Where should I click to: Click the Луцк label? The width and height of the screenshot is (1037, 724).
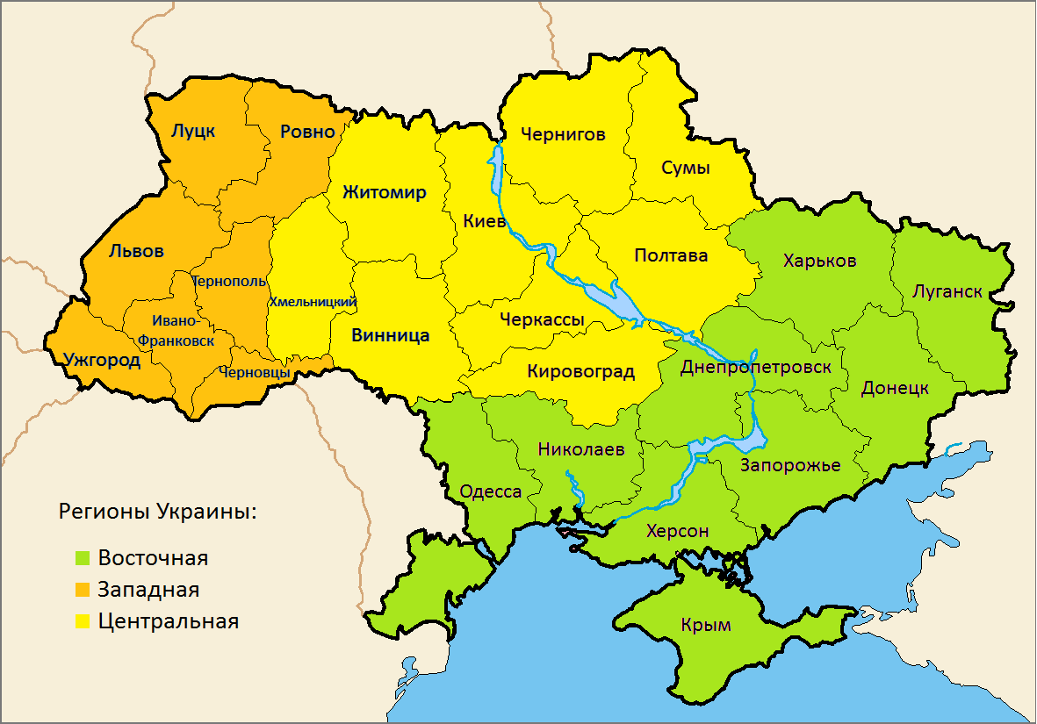click(193, 132)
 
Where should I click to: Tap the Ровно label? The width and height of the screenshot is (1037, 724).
click(307, 132)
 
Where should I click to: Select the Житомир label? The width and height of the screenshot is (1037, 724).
click(384, 192)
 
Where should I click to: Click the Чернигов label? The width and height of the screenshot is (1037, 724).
click(563, 134)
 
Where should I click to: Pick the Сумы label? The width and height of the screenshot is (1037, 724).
click(685, 168)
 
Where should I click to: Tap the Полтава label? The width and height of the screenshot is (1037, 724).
click(671, 255)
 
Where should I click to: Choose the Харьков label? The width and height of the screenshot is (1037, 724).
click(819, 261)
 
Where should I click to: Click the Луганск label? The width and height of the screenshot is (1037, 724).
click(947, 290)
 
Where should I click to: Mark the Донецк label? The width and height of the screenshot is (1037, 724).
click(895, 387)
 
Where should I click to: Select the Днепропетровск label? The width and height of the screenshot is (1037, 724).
click(755, 367)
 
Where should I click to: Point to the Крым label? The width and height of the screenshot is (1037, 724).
click(705, 625)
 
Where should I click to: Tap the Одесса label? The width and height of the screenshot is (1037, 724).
click(491, 491)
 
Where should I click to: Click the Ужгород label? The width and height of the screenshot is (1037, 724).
click(102, 360)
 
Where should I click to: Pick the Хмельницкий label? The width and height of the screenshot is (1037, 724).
click(313, 302)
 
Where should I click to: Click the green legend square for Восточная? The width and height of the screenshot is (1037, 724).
click(83, 558)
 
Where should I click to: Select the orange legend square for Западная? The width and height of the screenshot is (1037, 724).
click(83, 590)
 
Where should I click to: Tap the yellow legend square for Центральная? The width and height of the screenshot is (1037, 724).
click(83, 621)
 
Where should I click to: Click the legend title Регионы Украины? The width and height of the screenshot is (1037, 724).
click(157, 512)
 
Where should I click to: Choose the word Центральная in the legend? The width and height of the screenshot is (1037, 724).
click(169, 621)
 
